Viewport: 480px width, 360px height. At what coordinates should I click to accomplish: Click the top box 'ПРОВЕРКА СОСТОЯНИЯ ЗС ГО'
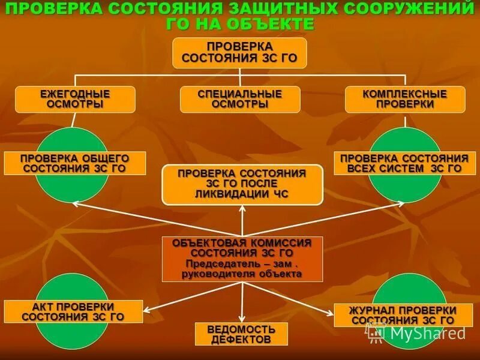(x=239, y=53)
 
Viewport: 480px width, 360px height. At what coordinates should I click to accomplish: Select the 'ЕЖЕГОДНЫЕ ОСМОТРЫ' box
(x=75, y=99)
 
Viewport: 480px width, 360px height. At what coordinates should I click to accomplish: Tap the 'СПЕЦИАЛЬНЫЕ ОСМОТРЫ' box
(x=239, y=99)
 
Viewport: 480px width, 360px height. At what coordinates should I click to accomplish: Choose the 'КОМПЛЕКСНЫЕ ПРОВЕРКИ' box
(x=405, y=99)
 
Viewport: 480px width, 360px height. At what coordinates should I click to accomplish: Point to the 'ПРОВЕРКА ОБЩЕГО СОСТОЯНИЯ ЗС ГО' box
(x=75, y=163)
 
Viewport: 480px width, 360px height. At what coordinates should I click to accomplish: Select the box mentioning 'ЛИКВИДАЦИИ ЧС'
(x=242, y=184)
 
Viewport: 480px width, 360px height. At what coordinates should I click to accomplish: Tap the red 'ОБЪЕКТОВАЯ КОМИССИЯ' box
(x=242, y=259)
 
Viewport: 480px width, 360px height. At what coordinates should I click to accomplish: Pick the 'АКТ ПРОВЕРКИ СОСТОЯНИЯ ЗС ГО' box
(x=73, y=312)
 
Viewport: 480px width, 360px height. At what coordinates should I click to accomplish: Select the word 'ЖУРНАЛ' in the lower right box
(x=371, y=310)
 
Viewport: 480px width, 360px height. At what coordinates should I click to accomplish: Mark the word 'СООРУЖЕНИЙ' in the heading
(x=409, y=10)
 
